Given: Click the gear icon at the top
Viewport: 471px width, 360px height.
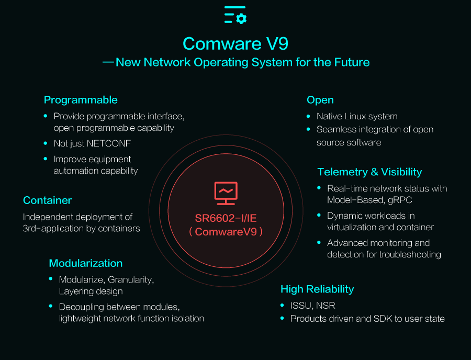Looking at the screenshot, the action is (241, 19).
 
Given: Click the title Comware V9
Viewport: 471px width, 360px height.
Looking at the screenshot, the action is (235, 43).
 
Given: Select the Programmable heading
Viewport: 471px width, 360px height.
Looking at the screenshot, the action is (81, 100).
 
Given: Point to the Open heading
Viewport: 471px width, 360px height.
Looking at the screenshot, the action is (320, 100).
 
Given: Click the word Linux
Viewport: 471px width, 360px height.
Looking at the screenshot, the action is (356, 116).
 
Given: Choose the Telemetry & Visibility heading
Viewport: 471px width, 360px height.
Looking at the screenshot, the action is (369, 172).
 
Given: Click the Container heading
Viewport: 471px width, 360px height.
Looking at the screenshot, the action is (48, 200).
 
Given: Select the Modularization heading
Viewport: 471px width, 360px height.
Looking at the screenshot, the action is (86, 263).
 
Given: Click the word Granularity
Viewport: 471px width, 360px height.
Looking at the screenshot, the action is (131, 280).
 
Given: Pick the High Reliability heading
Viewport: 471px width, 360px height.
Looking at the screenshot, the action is (317, 289).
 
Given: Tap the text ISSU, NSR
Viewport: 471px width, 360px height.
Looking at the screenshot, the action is (313, 306).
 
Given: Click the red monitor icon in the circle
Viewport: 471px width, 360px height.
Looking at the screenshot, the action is (226, 194).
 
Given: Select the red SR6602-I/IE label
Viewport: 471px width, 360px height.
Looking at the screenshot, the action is (226, 218).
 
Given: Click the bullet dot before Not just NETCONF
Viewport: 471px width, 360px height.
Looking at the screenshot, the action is (46, 143).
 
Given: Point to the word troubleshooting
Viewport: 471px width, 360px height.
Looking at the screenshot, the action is (410, 255).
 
